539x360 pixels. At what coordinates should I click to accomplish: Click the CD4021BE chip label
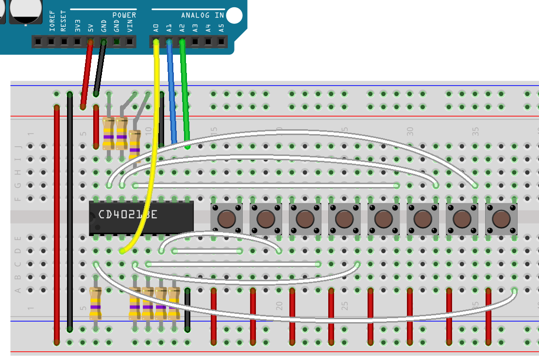click(128, 215)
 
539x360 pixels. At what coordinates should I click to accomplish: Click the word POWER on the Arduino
click(124, 15)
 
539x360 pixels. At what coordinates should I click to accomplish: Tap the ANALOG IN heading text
click(202, 15)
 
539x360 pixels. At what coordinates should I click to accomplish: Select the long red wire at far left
click(57, 223)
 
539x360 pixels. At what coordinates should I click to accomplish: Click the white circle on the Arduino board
click(234, 16)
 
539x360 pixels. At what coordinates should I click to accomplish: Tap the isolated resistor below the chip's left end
click(96, 304)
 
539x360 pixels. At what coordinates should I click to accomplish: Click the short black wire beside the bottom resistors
click(187, 311)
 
